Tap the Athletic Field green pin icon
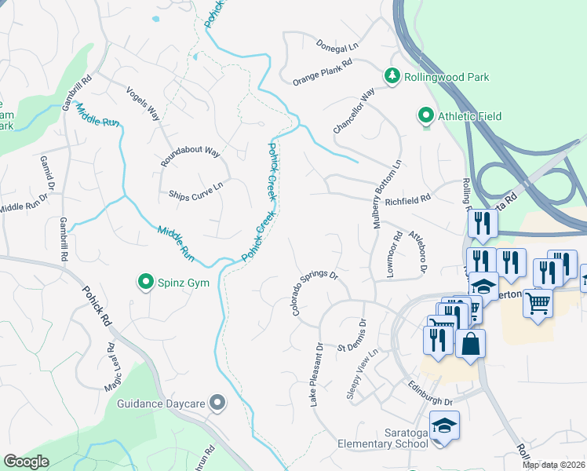pyautogui.click(x=426, y=116)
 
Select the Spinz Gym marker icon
pyautogui.click(x=145, y=282)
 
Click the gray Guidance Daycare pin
pyautogui.click(x=218, y=403)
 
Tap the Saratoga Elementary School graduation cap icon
pyautogui.click(x=444, y=426)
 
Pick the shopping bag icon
pyautogui.click(x=470, y=344)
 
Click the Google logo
pyautogui.click(x=26, y=462)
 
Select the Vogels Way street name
pyautogui.click(x=143, y=103)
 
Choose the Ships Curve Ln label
pyautogui.click(x=196, y=190)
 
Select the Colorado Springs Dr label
pyautogui.click(x=314, y=294)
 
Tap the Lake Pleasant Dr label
pyautogui.click(x=316, y=374)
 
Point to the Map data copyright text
pyautogui.click(x=553, y=465)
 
